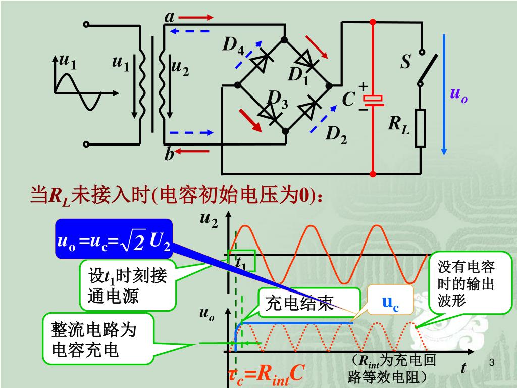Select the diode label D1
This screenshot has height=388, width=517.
[298, 76]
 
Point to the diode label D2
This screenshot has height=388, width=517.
[336, 134]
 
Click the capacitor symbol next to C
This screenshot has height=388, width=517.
[373, 100]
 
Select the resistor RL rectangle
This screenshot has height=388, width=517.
[421, 128]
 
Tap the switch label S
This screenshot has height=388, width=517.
[406, 62]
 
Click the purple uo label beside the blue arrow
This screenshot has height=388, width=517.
[458, 94]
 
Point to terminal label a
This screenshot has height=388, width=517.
[170, 17]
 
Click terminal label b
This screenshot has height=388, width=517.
[169, 154]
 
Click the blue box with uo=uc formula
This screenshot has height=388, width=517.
[114, 238]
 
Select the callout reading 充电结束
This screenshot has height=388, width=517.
[309, 303]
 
